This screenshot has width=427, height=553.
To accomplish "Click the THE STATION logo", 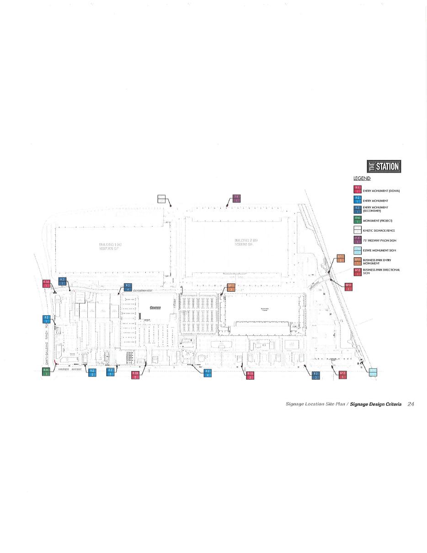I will coord(384,166).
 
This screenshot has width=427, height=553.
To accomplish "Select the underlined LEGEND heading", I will coord(362,178).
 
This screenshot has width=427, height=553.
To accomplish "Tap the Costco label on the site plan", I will coord(155,308).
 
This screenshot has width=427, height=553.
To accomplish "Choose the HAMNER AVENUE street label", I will coord(69,369).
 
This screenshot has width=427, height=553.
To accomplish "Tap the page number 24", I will coord(411,404).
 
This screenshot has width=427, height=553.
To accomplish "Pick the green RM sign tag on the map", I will coord(46,372).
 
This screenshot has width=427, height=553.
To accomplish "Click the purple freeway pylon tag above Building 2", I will coord(236,198).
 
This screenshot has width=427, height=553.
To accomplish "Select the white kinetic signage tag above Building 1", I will coord(161,199).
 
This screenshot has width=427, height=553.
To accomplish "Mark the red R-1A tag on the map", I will coord(46,284).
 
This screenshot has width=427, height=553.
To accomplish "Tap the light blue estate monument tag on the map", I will coord(373,372).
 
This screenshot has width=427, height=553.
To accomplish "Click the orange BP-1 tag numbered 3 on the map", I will coord(231,287).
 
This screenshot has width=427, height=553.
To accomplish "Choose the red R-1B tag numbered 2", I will coord(135,375).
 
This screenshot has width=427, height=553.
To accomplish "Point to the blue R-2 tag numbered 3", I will coord(110,372).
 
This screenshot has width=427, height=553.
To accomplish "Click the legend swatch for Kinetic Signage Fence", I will coord(358,230).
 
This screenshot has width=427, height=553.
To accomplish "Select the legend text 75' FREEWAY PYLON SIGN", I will coord(379,240).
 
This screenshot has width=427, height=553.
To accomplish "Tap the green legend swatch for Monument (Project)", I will coord(358,220).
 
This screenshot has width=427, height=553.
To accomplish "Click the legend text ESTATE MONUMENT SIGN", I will coord(379,250).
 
